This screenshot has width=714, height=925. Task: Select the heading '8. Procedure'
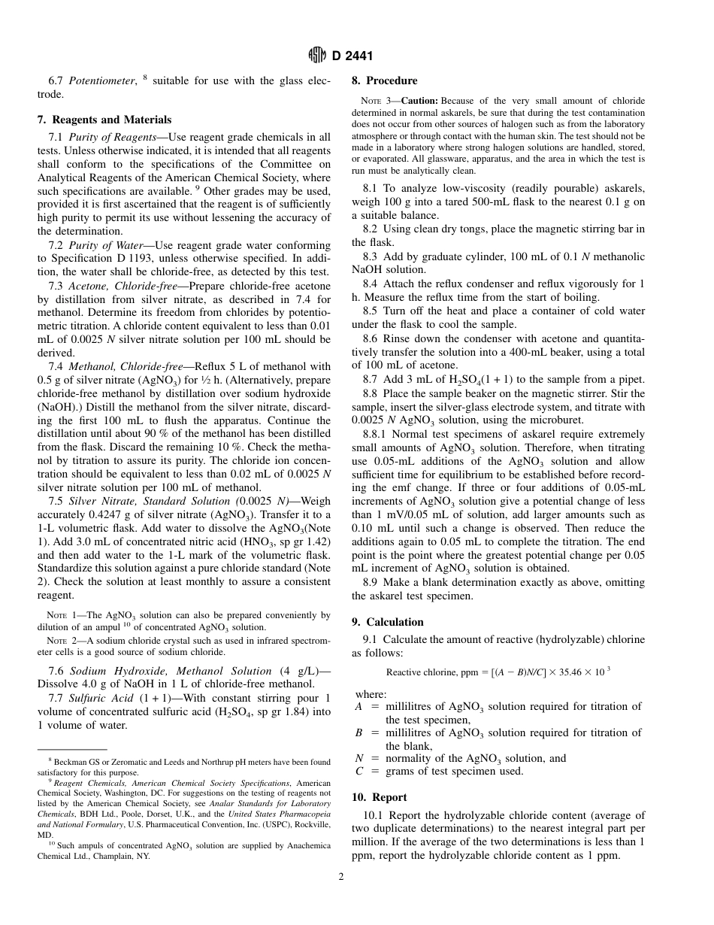384,80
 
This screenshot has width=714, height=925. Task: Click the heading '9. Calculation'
388,622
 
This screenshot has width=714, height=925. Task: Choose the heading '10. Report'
380,797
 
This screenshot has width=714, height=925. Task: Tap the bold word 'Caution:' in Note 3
419,101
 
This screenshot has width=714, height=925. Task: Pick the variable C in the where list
359,771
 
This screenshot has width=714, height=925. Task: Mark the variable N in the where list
359,758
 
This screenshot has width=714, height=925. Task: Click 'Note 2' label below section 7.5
62,641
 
